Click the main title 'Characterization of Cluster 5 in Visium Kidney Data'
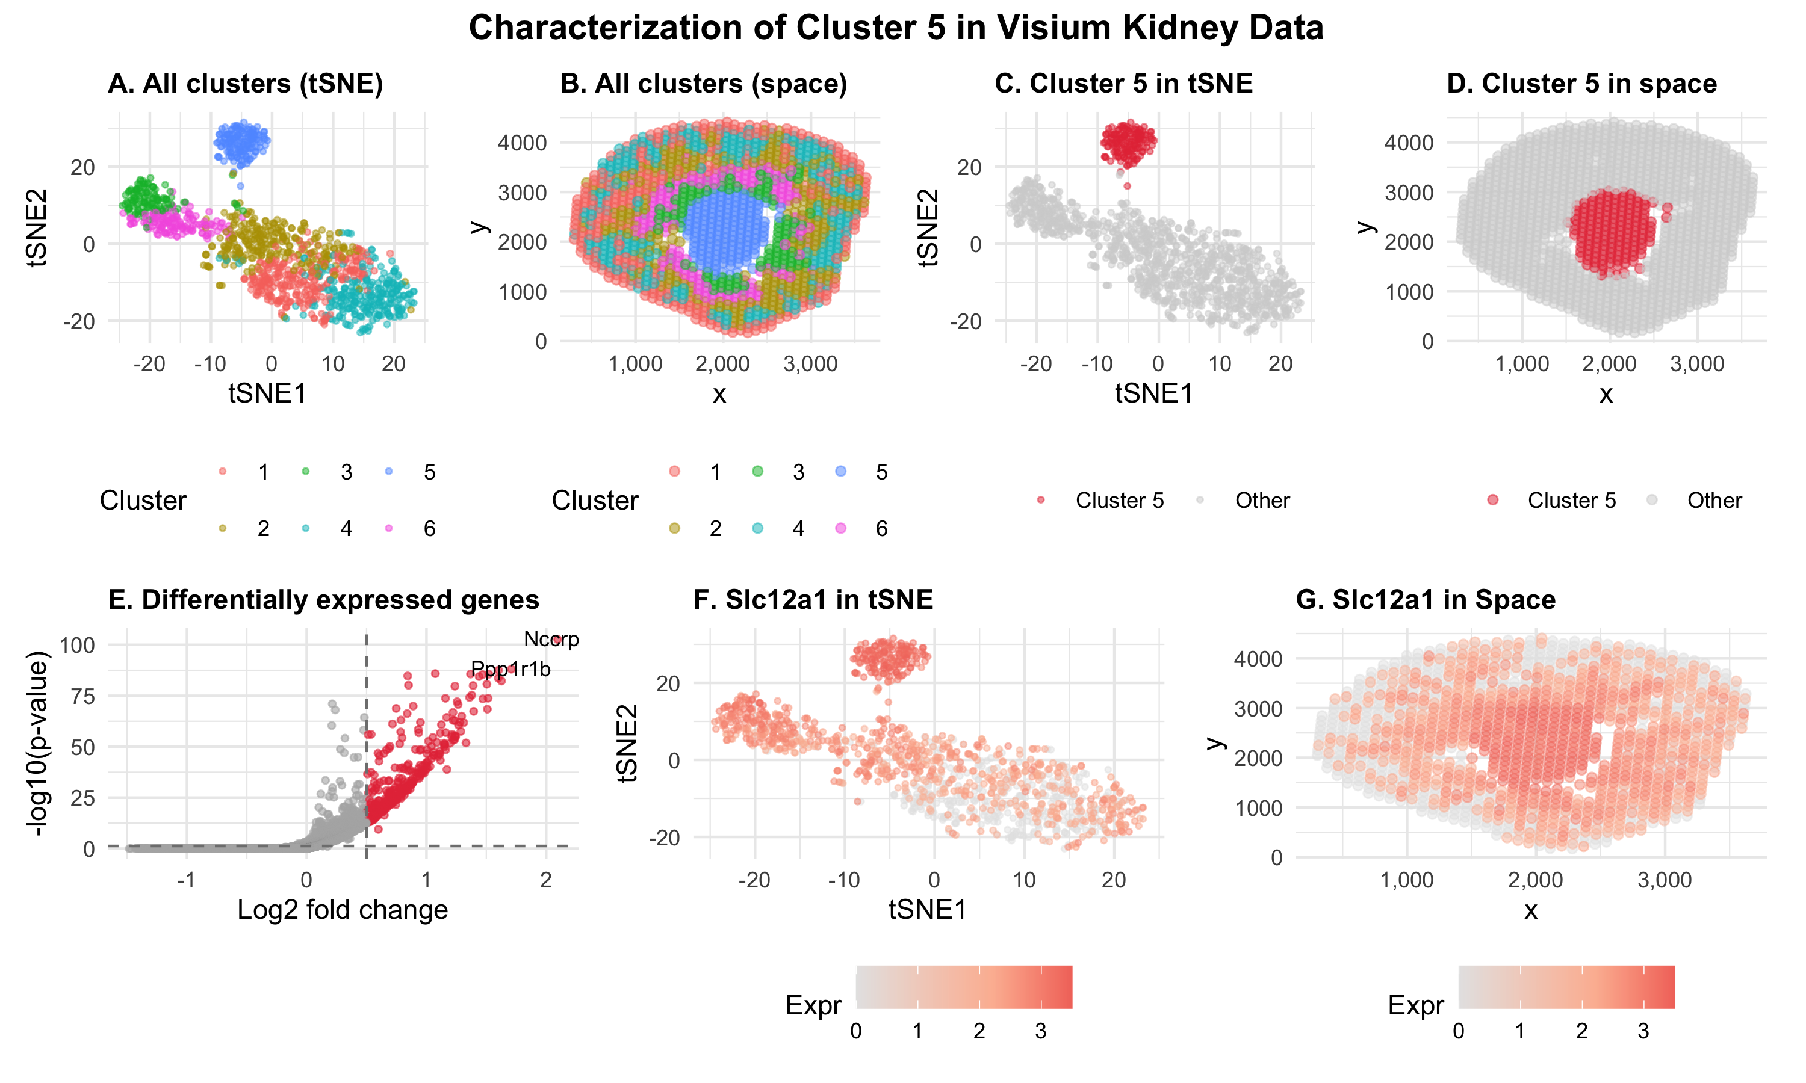[x=896, y=28]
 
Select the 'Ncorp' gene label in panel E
[x=551, y=640]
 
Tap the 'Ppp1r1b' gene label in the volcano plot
[x=510, y=669]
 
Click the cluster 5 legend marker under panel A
[x=389, y=472]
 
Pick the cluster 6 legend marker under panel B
[x=841, y=528]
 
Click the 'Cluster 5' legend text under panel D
[x=1571, y=501]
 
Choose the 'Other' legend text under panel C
[x=1262, y=501]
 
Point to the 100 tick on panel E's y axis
[x=78, y=645]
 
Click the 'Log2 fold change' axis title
[x=343, y=910]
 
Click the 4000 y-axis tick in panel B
[x=522, y=143]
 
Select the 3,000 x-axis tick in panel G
[x=1665, y=880]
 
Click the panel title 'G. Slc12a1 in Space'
[x=1425, y=600]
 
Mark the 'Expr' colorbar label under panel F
[x=813, y=1005]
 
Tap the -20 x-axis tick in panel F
[x=754, y=880]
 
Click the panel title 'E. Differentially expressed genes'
[x=323, y=600]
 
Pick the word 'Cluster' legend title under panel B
[x=595, y=501]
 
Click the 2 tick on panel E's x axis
[x=546, y=880]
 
